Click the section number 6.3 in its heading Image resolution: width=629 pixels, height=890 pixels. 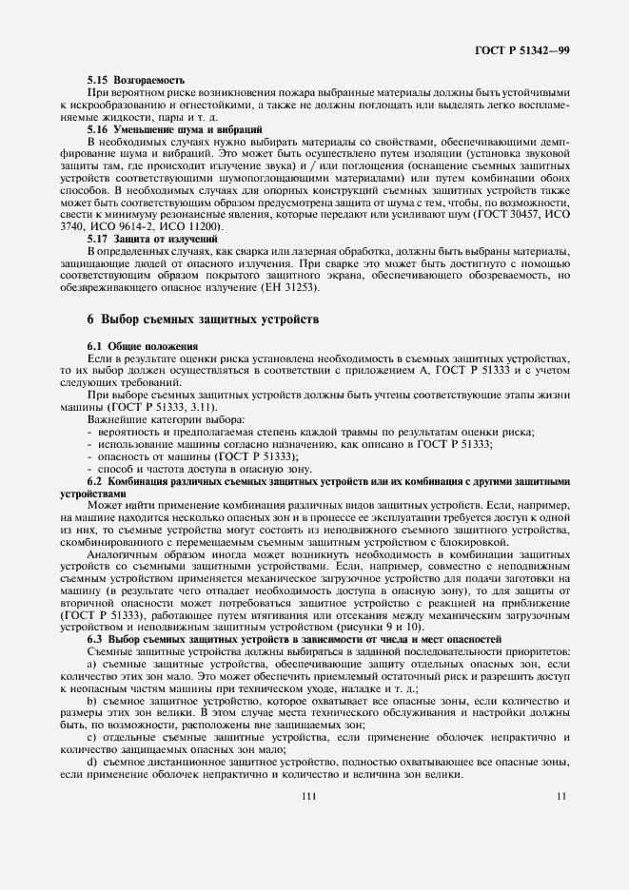pos(96,640)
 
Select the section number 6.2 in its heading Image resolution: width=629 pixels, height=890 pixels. pos(96,479)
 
